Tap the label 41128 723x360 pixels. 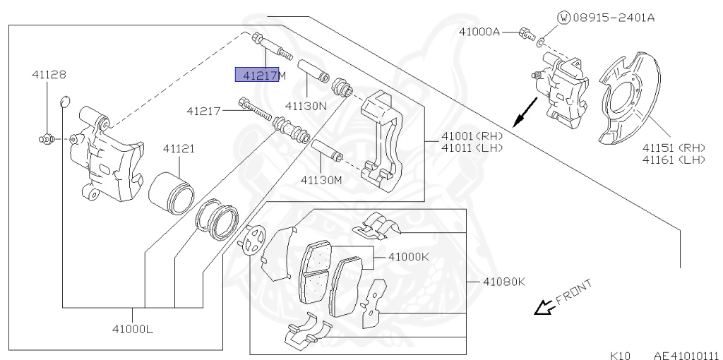[48, 73]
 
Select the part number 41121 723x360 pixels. [179, 150]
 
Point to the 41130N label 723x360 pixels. [306, 106]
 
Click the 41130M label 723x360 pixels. [321, 179]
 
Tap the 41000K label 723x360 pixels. [408, 257]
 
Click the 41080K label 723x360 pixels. [504, 282]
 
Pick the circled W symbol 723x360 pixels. [563, 18]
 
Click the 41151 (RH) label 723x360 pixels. [674, 148]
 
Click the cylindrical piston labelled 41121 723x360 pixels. [172, 190]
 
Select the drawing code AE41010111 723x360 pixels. [685, 355]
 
